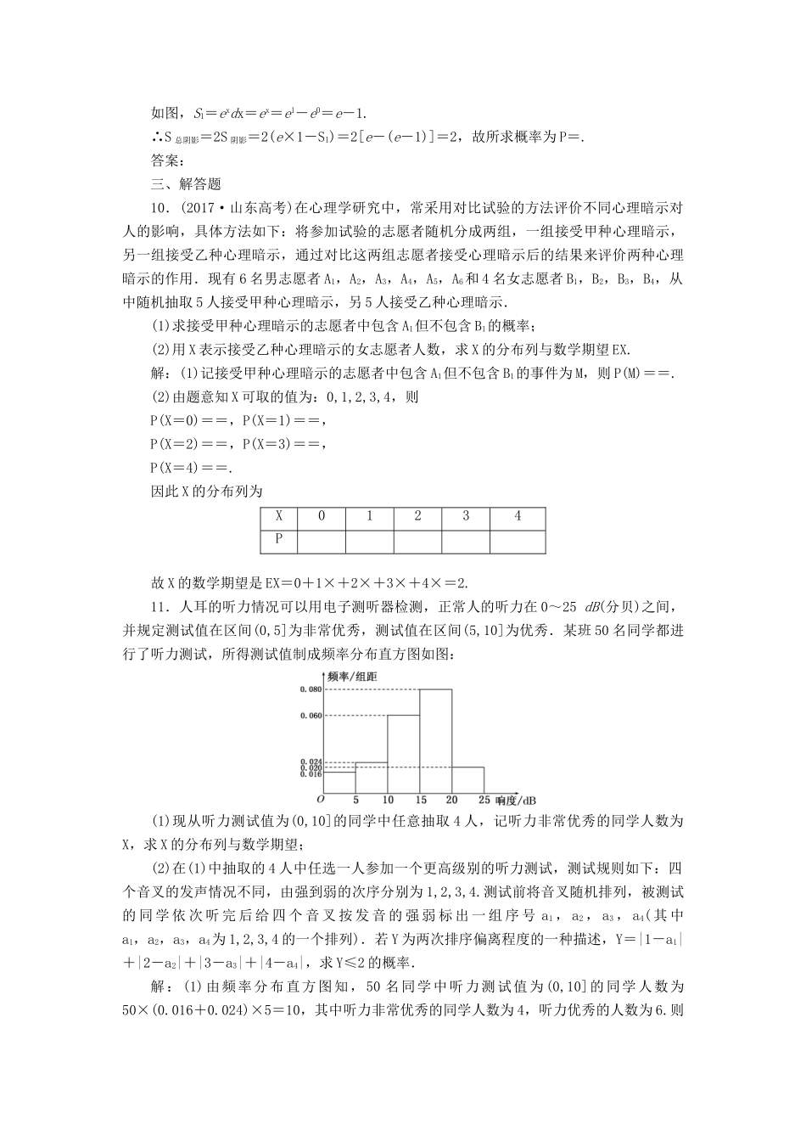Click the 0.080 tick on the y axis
click(x=311, y=689)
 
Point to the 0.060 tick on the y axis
click(x=311, y=716)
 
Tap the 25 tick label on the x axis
click(x=484, y=800)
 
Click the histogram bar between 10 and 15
click(x=404, y=754)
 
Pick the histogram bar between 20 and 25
click(x=468, y=779)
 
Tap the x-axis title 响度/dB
click(x=516, y=801)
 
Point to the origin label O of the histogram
click(x=321, y=800)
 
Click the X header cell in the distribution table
click(x=280, y=516)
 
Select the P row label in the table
click(x=280, y=538)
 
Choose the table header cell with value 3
click(x=467, y=516)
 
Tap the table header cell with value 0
click(x=322, y=516)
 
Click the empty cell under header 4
click(x=518, y=540)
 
